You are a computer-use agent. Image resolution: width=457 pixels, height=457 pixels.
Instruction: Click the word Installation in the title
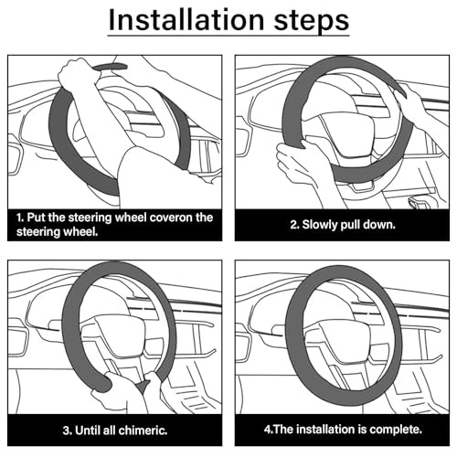[x=186, y=20]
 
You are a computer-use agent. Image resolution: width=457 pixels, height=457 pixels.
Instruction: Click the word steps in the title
[x=312, y=21]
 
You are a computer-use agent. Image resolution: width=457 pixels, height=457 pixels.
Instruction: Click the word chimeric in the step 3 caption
[x=143, y=430]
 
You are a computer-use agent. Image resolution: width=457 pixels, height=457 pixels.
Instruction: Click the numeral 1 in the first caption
[x=19, y=218]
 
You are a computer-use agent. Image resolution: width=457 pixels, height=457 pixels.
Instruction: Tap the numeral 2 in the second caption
[x=293, y=225]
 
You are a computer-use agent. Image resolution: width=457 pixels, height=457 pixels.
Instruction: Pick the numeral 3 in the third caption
[x=66, y=430]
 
